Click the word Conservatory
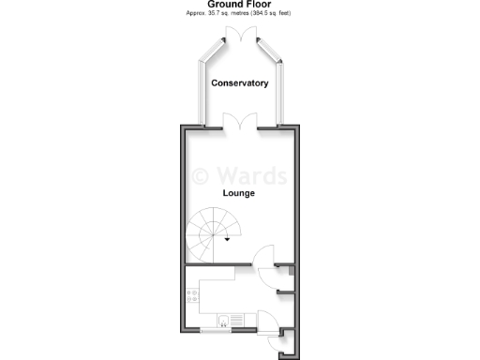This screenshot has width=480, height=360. click(x=240, y=83)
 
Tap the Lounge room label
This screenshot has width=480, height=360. click(x=239, y=193)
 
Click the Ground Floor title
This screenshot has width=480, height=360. click(x=240, y=5)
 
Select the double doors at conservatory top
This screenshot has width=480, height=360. click(x=240, y=34)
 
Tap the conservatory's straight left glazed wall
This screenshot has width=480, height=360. click(x=202, y=94)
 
